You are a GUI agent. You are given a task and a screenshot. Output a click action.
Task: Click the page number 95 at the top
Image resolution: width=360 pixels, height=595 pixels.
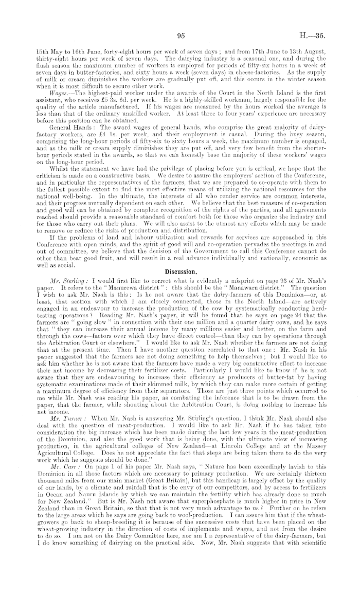180,36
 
